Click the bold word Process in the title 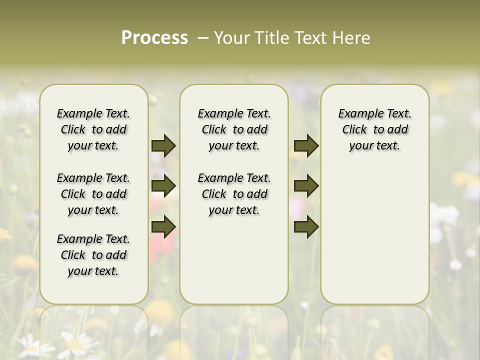[x=154, y=37]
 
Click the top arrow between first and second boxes [x=163, y=145]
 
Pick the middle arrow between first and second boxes [x=163, y=186]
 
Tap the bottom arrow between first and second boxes [x=163, y=227]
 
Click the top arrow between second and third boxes [x=306, y=145]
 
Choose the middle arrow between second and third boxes [x=306, y=186]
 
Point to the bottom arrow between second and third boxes [x=306, y=227]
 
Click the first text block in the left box [x=93, y=129]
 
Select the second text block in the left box [x=93, y=194]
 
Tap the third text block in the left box [x=93, y=255]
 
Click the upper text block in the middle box [x=234, y=129]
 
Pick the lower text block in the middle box [x=234, y=194]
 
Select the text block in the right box [x=374, y=129]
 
